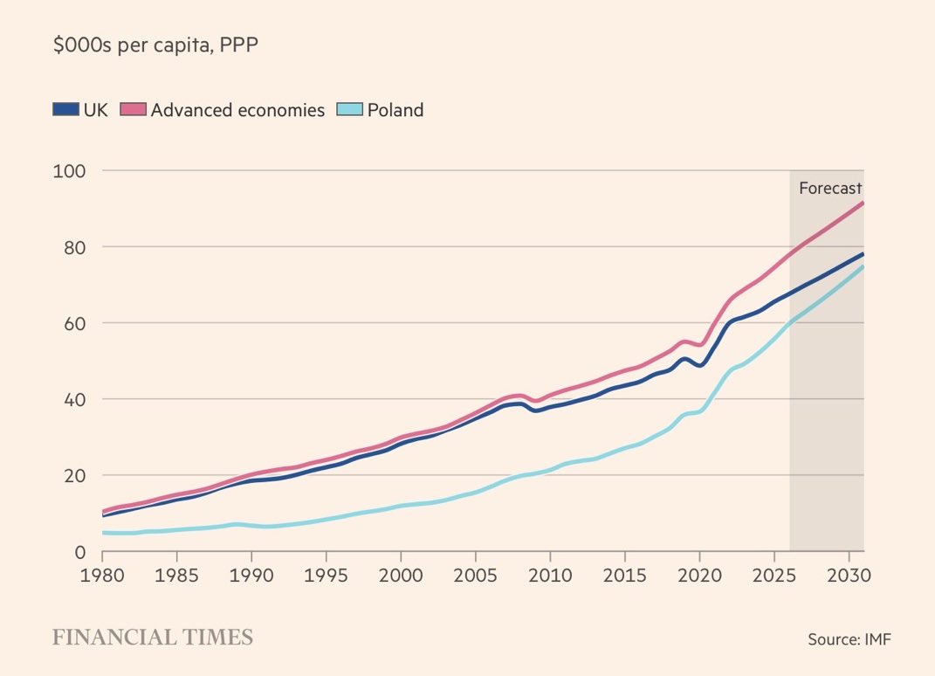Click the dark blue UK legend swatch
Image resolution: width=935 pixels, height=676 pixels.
tap(65, 110)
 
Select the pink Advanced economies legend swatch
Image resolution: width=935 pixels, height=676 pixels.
tap(134, 110)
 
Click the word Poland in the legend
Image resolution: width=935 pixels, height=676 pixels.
tap(395, 110)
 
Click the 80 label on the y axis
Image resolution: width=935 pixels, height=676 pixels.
tap(70, 246)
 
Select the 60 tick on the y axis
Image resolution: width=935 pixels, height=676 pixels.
tap(70, 323)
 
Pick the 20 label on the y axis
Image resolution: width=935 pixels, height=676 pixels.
tap(70, 475)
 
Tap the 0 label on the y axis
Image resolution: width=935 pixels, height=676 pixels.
tap(79, 552)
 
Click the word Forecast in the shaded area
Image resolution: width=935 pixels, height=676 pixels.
tap(830, 188)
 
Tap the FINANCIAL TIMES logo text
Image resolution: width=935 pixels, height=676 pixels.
tap(153, 638)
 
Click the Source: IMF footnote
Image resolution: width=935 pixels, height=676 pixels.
tap(849, 639)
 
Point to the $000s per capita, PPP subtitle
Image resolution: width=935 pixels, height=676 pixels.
tap(155, 45)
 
